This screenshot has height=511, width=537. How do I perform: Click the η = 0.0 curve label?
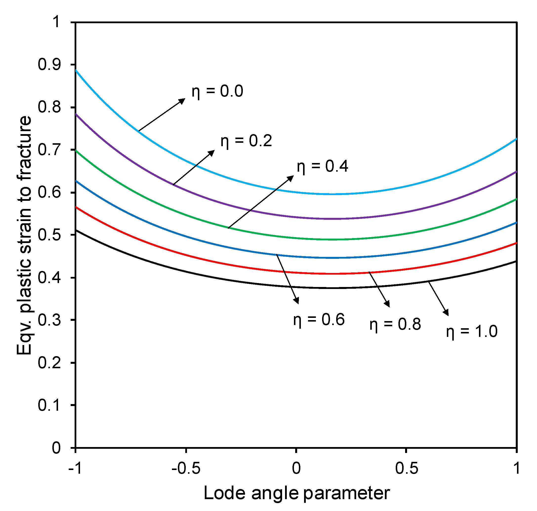pos(217,91)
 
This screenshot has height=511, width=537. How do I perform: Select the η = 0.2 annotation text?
pos(246,141)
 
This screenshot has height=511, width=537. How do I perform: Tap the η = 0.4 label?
pos(322,166)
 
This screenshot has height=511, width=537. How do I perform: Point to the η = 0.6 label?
pos(319,320)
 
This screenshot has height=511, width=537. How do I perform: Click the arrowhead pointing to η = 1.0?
pos(446,313)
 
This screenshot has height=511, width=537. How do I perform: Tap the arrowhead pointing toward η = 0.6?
pos(296,300)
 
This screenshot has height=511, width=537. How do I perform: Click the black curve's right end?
pos(516,261)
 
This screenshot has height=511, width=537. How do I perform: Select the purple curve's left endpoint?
pos(76,114)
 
